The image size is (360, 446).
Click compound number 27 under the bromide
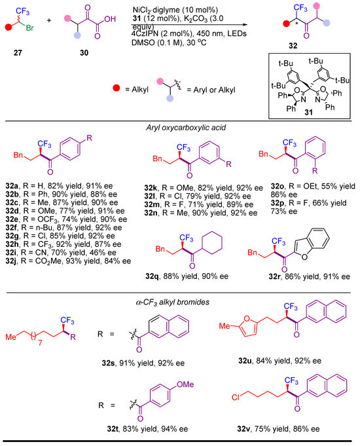pos(18,52)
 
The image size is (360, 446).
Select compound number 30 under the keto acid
pos(84,52)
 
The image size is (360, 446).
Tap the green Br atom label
pos(29,28)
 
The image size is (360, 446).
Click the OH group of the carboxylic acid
pos(110,19)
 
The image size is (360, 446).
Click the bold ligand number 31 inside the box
pos(308,112)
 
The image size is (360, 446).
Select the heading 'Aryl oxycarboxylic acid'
pos(186,128)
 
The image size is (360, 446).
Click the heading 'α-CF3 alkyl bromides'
pos(173,302)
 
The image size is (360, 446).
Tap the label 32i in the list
pos(11,253)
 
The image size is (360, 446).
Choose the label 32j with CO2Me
pos(11,261)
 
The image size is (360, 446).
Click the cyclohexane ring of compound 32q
pos(211,244)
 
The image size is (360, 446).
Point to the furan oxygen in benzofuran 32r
pos(304,257)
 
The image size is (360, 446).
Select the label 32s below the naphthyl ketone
pos(108,363)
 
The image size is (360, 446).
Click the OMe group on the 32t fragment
pos(185,384)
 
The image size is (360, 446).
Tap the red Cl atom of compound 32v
pos(236,397)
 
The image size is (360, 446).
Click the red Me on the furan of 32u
pos(225,325)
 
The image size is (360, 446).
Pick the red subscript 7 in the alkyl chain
pos(40,343)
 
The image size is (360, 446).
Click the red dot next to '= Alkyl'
pos(117,88)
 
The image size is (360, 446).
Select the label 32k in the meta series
pos(151,188)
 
